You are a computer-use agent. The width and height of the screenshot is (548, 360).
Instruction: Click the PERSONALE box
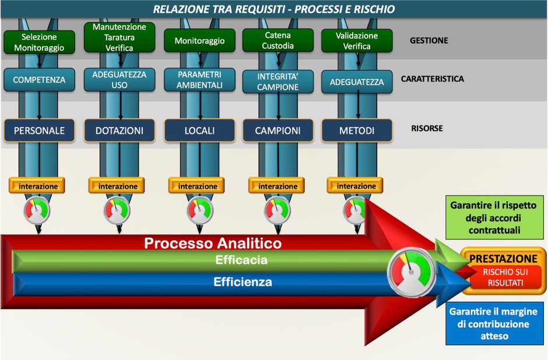pyautogui.click(x=39, y=131)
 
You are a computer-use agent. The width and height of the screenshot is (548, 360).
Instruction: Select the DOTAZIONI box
pyautogui.click(x=120, y=131)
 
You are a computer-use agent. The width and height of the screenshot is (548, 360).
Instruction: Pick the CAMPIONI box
pyautogui.click(x=277, y=131)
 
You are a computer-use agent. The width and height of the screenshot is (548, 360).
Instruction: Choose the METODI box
pyautogui.click(x=356, y=131)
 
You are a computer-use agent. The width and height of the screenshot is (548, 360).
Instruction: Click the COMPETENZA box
pyautogui.click(x=39, y=80)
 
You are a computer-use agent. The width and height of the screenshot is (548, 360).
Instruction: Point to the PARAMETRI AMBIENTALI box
pyautogui.click(x=201, y=80)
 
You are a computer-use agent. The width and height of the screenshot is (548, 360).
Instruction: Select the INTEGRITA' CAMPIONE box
pyautogui.click(x=277, y=82)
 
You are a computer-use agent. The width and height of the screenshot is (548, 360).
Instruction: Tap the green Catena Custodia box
pyautogui.click(x=277, y=40)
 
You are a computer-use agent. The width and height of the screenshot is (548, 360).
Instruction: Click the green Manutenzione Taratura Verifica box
pyautogui.click(x=120, y=37)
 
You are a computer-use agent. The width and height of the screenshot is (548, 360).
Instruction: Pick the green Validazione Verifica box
pyautogui.click(x=357, y=40)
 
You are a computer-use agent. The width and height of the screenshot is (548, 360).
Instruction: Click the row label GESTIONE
pyautogui.click(x=428, y=41)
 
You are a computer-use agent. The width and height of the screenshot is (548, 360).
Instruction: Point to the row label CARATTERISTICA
pyautogui.click(x=433, y=78)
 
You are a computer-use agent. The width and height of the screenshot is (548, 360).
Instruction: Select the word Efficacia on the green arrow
pyautogui.click(x=241, y=260)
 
